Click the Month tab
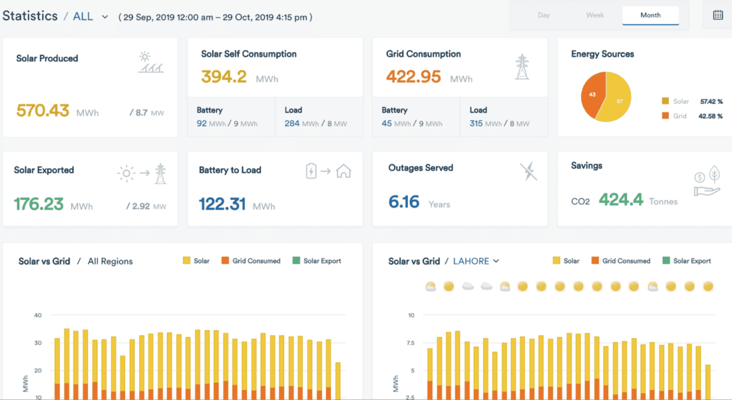tap(650, 15)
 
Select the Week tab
tap(594, 15)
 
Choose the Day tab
tap(544, 15)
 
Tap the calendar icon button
tap(717, 15)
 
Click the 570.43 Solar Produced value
tap(43, 110)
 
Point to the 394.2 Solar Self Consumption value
tap(224, 77)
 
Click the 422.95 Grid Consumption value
tap(413, 77)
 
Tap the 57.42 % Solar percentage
tap(711, 102)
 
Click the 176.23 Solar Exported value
tap(39, 204)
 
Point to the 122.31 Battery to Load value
tap(222, 204)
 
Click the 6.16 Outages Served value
tap(404, 202)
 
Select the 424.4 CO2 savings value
tap(621, 199)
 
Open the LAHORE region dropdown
tap(476, 261)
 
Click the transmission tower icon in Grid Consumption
tap(522, 67)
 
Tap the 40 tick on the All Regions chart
tap(38, 315)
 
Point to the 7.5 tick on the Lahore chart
tap(411, 343)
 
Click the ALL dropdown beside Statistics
tap(90, 17)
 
